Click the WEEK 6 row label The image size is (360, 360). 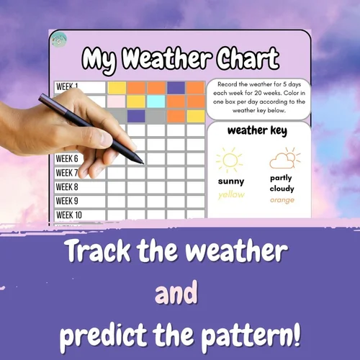(x=66, y=159)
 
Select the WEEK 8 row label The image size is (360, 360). (x=67, y=187)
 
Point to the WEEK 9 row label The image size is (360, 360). (x=67, y=201)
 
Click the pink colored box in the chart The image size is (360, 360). (x=116, y=102)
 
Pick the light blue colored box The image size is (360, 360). (x=156, y=102)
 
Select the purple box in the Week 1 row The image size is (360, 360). (x=176, y=88)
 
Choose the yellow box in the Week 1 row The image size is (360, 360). (x=117, y=88)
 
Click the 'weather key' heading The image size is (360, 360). (x=257, y=131)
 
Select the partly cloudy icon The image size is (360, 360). (x=282, y=158)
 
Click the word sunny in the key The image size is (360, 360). (x=231, y=181)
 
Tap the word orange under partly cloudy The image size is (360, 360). (x=282, y=199)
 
